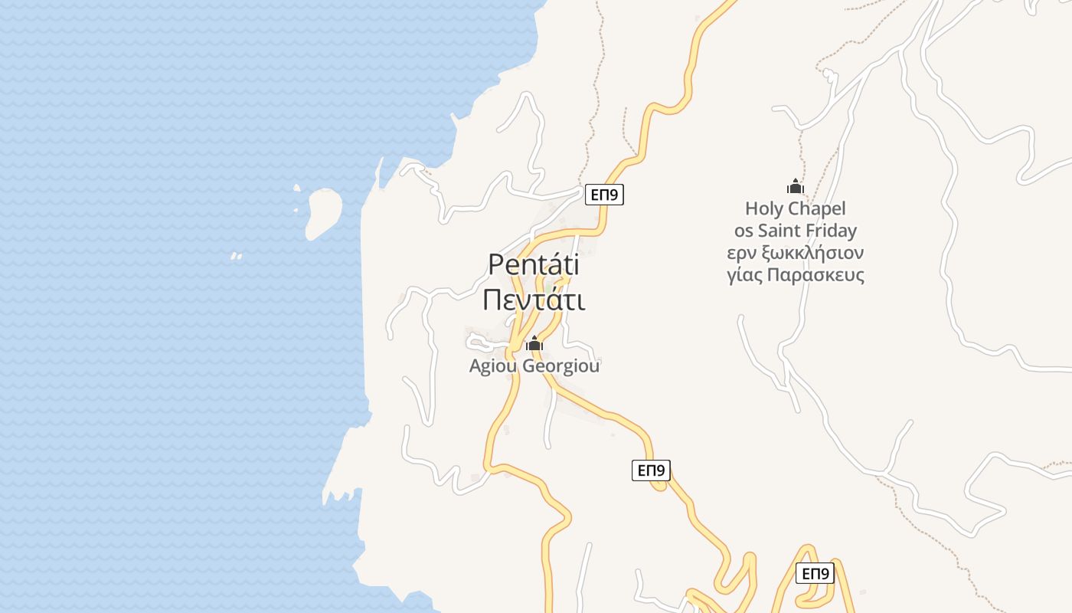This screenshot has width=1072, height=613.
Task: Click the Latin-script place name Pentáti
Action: [534, 265]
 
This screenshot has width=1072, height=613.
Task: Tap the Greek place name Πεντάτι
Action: [534, 300]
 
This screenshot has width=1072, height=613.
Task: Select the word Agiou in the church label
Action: [493, 366]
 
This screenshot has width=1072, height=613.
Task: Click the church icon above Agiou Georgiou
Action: [534, 344]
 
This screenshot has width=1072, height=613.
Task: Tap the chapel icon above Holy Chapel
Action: [796, 186]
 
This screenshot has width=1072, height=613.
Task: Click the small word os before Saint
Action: [744, 231]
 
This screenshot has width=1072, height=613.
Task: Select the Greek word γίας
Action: [745, 276]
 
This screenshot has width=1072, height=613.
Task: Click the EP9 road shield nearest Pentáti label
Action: [605, 195]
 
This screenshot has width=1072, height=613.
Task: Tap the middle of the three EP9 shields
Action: [651, 470]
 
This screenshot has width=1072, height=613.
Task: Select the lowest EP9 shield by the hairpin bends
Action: [815, 573]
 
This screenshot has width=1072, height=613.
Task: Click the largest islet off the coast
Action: [324, 213]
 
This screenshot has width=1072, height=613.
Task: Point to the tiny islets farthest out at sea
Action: [237, 256]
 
